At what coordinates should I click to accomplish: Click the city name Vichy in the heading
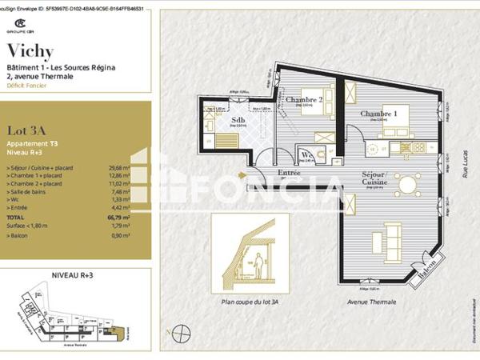[x=30, y=52]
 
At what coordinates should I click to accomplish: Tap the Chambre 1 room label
[x=378, y=114]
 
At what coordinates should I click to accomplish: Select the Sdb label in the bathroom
[x=238, y=122]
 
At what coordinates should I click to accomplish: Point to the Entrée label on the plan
[x=266, y=171]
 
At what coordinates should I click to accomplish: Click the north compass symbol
[x=182, y=330]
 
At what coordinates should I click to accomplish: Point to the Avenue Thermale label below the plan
[x=368, y=303]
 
